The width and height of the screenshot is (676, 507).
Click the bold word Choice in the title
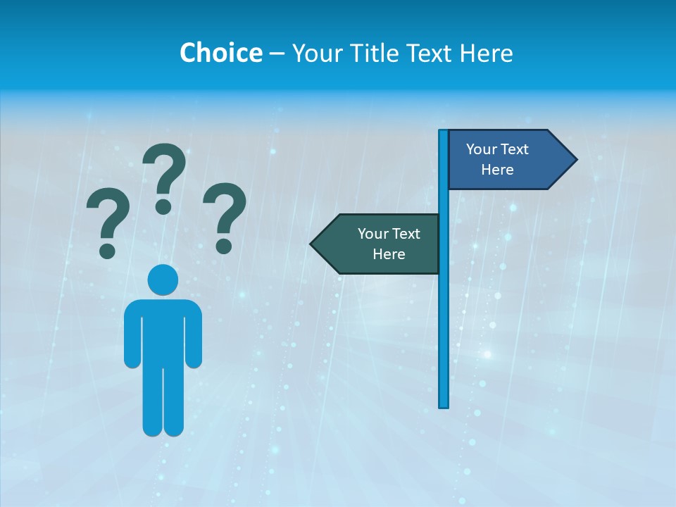click(220, 53)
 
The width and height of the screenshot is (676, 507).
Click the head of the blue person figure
click(163, 280)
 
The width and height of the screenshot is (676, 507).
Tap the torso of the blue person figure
click(163, 331)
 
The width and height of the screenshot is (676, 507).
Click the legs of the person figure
click(163, 401)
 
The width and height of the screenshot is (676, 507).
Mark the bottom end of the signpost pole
click(444, 405)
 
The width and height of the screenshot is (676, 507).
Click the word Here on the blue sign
click(497, 170)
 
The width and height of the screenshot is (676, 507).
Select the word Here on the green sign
click(389, 254)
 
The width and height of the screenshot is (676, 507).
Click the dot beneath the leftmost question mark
click(108, 250)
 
